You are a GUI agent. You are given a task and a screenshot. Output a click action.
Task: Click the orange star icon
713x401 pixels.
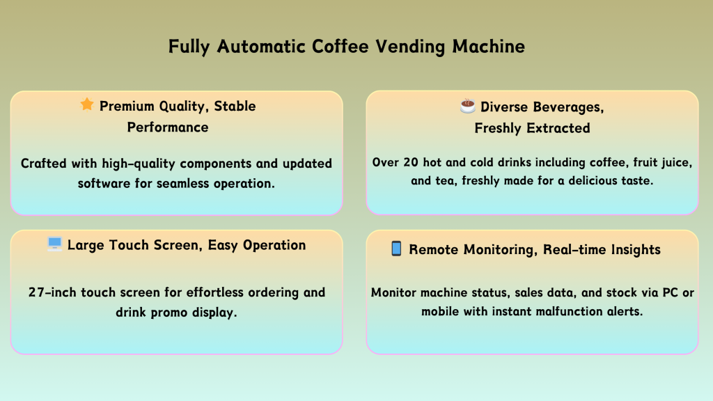point(87,104)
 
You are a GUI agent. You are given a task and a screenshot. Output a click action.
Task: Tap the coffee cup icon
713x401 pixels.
point(467,106)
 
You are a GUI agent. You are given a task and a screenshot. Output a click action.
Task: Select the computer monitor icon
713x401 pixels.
point(54,244)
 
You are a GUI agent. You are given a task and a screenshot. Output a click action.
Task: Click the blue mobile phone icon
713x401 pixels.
point(396,249)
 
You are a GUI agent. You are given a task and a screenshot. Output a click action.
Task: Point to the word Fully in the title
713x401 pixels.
point(189,47)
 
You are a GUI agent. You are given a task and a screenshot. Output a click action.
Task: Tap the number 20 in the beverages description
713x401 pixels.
point(411,162)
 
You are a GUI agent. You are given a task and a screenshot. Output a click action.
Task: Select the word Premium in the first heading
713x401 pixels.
point(127,106)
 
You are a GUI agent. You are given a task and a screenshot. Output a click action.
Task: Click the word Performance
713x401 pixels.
point(168,127)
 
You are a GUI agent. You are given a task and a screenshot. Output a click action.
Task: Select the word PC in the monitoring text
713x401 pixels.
point(671,292)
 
